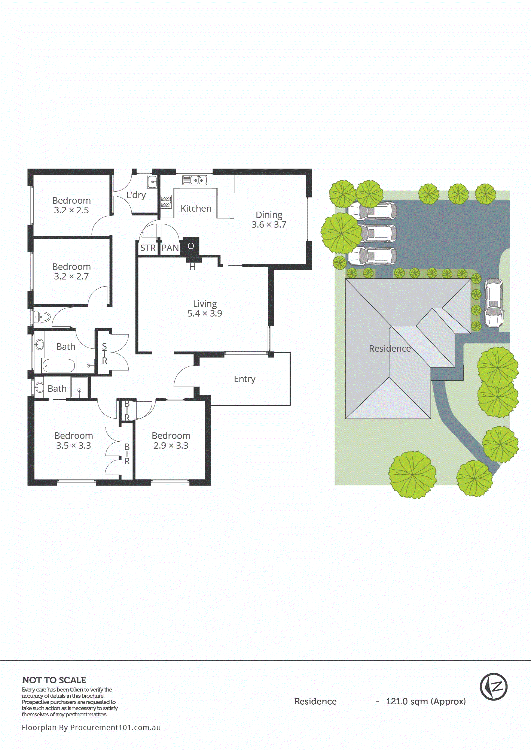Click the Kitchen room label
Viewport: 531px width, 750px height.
point(196,208)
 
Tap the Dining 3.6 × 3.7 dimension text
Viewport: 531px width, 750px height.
point(269,225)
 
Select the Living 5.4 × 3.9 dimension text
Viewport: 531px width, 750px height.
point(205,313)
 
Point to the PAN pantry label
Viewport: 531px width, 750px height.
point(170,248)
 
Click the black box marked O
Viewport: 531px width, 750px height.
point(191,246)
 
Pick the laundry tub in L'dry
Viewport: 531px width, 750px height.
point(152,182)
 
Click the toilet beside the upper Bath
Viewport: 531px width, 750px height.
point(42,317)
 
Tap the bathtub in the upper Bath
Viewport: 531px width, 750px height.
point(58,365)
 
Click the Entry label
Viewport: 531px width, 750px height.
point(245,379)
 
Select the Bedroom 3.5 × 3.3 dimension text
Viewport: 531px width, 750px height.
point(74,445)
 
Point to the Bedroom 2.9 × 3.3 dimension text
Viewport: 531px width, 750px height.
point(171,445)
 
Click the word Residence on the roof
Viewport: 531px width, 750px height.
point(390,349)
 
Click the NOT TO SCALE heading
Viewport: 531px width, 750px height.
point(54,680)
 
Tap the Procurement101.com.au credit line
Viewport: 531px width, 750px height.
point(91,728)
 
